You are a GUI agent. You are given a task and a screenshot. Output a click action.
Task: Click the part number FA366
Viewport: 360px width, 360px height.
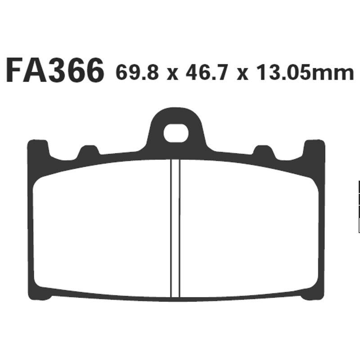(55, 71)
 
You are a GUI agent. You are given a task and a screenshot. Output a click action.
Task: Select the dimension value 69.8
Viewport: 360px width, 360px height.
(137, 72)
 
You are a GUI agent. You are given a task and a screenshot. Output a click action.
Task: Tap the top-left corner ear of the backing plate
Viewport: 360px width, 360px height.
(38, 149)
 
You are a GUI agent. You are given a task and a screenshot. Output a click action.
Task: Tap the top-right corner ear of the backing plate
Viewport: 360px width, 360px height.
(314, 149)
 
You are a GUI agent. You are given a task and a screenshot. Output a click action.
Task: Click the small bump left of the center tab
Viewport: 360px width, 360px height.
(89, 152)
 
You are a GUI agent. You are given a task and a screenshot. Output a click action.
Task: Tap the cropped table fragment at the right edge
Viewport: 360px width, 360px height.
(358, 207)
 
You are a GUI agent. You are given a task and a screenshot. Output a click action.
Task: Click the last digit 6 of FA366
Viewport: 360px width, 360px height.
(92, 71)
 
